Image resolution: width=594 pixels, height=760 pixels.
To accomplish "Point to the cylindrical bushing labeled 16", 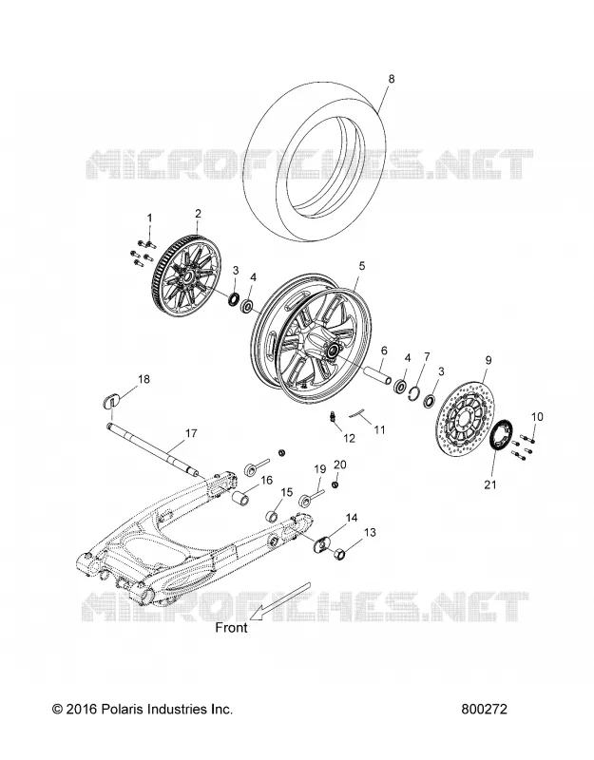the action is click(x=241, y=497).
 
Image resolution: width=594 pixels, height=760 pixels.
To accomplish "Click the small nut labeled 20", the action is click(x=336, y=485).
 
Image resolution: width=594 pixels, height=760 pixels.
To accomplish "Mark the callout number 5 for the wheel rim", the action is click(x=362, y=266).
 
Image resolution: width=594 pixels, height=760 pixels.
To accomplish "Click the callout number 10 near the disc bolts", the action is click(x=537, y=416).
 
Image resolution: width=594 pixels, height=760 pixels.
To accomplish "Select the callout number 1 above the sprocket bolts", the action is click(x=149, y=218).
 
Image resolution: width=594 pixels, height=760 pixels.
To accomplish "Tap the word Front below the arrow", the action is click(x=232, y=627).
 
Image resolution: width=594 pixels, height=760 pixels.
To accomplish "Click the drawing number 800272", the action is click(x=485, y=709).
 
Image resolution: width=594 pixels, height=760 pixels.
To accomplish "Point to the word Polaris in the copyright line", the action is click(x=119, y=709).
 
